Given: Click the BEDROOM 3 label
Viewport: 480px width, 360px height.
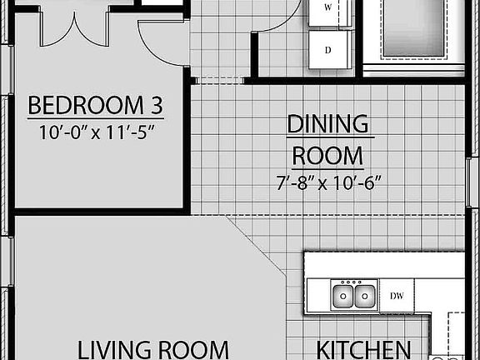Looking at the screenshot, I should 94,106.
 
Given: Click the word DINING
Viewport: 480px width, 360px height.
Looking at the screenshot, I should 327,124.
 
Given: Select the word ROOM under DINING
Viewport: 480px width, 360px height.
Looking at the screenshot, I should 327,156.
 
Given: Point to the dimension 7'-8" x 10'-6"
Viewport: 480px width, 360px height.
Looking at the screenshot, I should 327,182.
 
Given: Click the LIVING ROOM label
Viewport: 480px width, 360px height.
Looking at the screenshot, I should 153,348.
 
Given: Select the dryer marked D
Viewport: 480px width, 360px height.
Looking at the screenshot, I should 327,50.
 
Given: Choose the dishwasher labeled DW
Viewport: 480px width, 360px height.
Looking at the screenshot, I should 397,295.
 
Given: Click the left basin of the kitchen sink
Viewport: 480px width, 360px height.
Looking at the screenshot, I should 343,296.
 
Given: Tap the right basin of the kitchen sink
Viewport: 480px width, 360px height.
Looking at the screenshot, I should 363,296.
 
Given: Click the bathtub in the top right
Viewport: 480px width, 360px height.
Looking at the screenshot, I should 420,29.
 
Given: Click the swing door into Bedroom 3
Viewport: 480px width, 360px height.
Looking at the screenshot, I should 162,46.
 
